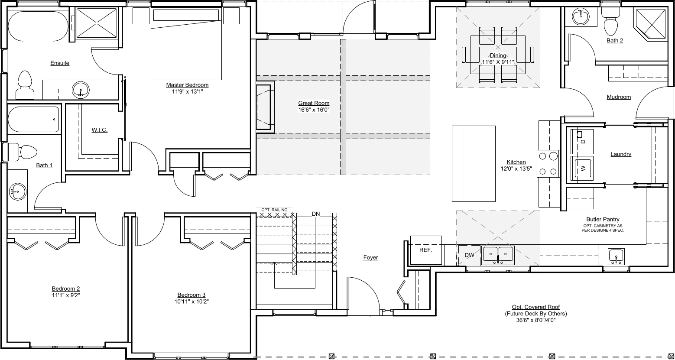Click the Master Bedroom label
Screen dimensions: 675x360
187,85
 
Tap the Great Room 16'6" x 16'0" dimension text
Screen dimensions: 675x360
314,110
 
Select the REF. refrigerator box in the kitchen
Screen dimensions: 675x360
426,250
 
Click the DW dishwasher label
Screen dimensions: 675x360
469,255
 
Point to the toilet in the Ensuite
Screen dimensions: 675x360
25,85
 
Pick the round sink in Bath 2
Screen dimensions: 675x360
581,16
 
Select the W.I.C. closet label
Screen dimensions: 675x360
100,130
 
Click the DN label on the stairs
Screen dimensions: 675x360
315,214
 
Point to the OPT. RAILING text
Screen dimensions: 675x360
274,210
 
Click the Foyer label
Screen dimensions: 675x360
370,257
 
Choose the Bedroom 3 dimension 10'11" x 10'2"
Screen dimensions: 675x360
191,301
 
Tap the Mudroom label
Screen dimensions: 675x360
619,97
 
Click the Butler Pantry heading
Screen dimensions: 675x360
603,219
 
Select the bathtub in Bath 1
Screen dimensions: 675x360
33,119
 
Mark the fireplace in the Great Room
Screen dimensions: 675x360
265,107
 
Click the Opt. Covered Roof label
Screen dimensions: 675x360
536,307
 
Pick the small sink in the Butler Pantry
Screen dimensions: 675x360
616,256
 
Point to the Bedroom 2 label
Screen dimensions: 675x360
66,289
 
